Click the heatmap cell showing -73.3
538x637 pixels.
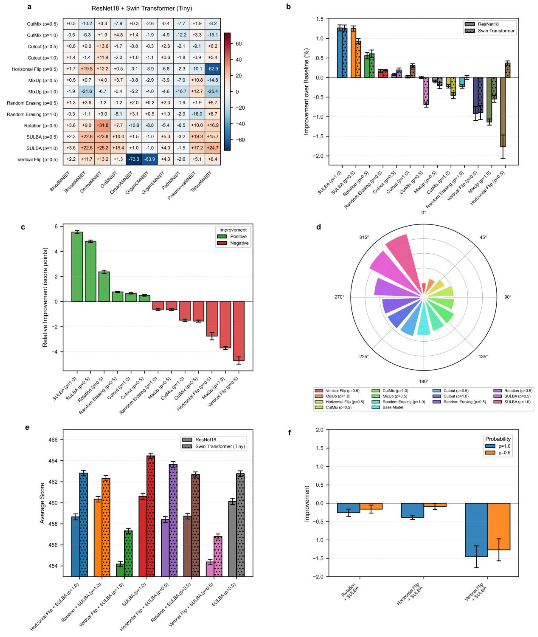point(134,159)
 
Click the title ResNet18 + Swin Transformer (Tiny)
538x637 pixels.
point(142,9)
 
